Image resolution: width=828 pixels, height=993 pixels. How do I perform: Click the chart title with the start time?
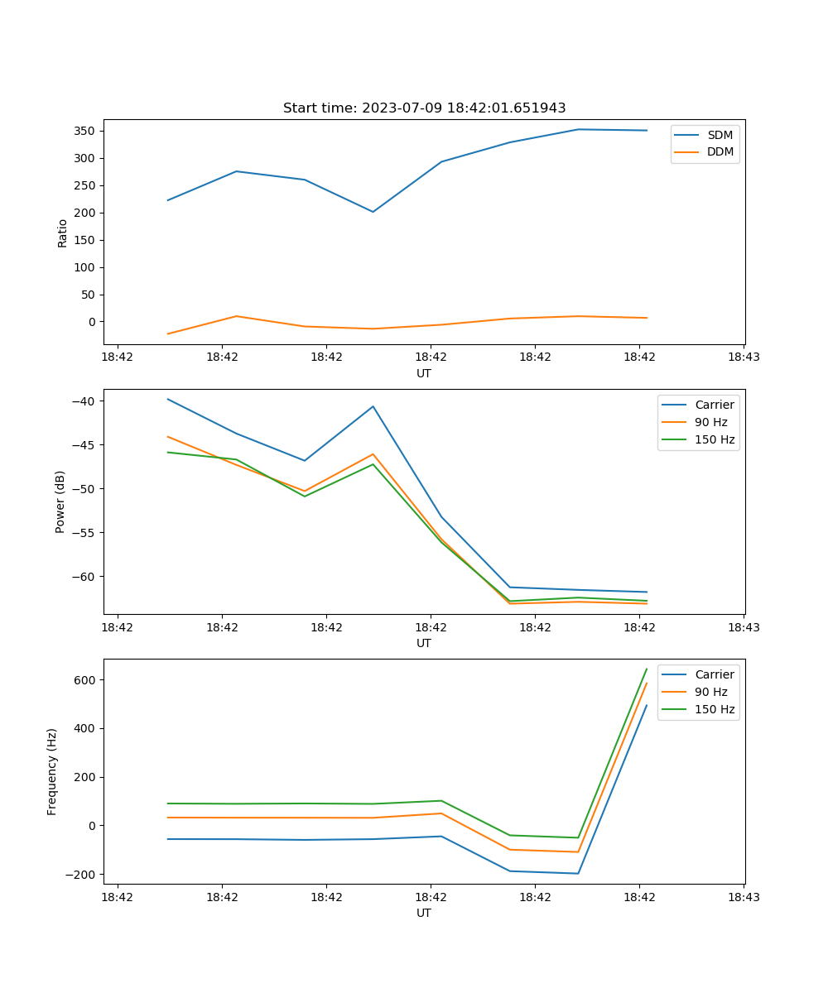[x=424, y=108]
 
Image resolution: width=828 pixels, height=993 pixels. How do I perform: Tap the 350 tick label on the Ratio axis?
[x=85, y=131]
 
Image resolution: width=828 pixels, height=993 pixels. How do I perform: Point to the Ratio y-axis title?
[x=63, y=233]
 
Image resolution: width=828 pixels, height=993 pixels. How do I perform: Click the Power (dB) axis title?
[x=60, y=501]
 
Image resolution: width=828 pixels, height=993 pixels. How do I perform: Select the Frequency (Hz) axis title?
[x=52, y=771]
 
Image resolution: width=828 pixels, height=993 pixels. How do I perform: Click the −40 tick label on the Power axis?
[x=83, y=401]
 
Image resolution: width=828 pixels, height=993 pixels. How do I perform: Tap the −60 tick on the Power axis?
[x=83, y=576]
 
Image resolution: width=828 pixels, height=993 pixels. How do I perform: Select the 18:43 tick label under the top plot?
[x=744, y=357]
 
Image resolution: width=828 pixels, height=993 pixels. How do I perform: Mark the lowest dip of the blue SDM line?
[x=373, y=212]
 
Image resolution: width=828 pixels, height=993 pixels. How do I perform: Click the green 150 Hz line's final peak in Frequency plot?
[x=647, y=669]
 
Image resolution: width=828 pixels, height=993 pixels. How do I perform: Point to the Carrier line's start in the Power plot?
[x=168, y=399]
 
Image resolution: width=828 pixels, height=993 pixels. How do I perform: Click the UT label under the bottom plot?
[x=424, y=913]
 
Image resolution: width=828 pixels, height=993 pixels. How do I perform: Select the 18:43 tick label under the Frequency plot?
[x=744, y=897]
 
